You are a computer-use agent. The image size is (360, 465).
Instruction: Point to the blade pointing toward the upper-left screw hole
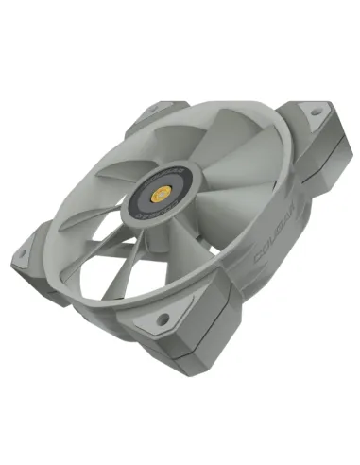pyautogui.click(x=161, y=142)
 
